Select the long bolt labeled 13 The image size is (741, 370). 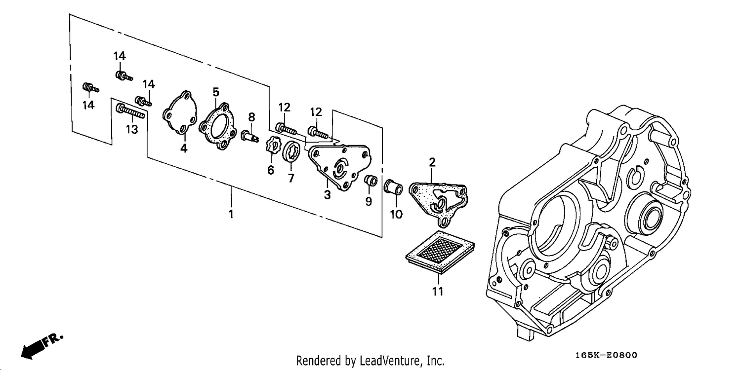coord(130,111)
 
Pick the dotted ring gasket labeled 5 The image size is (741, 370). coord(217,126)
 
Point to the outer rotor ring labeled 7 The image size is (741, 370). coord(291,152)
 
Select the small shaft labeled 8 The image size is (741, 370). coord(250,136)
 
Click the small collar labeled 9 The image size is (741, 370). coord(370,181)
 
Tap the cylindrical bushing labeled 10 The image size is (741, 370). coord(393,187)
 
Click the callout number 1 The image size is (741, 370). coord(231,214)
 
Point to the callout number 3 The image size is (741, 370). coord(327,194)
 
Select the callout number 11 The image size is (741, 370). coord(437,292)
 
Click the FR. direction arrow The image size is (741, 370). coord(41,346)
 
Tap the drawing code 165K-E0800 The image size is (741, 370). coord(606,355)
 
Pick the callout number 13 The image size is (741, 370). coord(132,129)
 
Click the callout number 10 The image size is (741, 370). coord(396,215)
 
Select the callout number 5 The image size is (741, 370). coord(216,92)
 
